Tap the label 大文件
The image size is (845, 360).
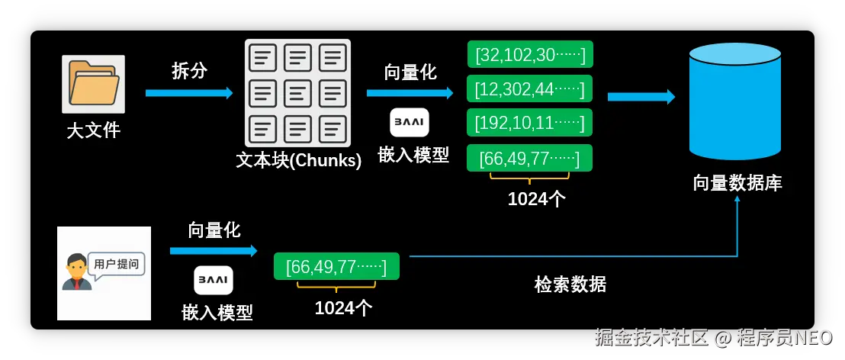[94, 130]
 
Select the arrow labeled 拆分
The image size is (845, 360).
[189, 93]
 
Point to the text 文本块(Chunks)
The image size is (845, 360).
[298, 161]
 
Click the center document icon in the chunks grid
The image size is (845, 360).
[298, 94]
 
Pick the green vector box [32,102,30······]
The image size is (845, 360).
[530, 55]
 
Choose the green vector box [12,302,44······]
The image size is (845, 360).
[530, 88]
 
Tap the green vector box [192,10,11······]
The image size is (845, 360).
[530, 123]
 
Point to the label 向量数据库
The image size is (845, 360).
[737, 183]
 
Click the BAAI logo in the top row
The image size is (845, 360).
[410, 123]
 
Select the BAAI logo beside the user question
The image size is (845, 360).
[214, 280]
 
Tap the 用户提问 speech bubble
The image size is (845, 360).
[116, 264]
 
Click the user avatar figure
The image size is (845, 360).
[76, 273]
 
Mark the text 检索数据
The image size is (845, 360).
[570, 284]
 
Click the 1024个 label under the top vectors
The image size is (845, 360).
[537, 199]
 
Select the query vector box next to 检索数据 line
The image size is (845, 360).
[336, 267]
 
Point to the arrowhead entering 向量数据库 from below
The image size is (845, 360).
[737, 200]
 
